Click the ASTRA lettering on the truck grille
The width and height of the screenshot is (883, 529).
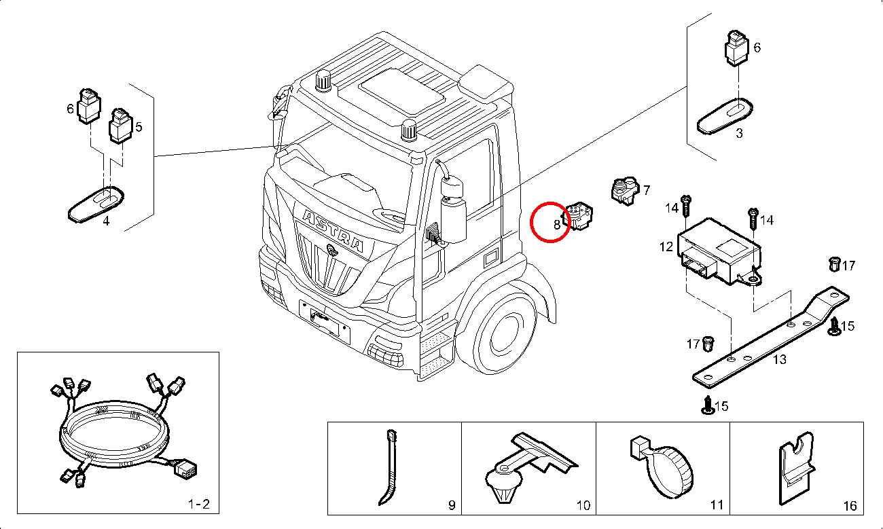(x=332, y=231)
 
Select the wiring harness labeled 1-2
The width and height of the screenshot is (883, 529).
(x=115, y=435)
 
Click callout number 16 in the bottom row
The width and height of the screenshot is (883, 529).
(x=849, y=506)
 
